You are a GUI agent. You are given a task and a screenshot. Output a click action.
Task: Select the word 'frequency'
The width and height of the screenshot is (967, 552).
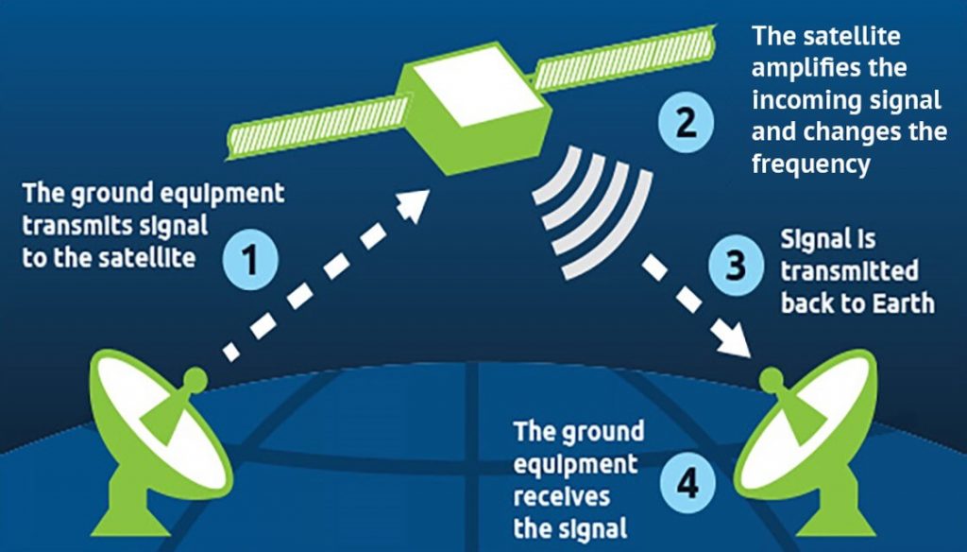coord(809,164)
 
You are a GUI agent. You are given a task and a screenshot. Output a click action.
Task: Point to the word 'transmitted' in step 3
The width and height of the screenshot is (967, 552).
coord(849,271)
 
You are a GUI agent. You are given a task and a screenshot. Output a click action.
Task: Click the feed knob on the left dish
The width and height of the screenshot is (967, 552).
coord(195,380)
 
